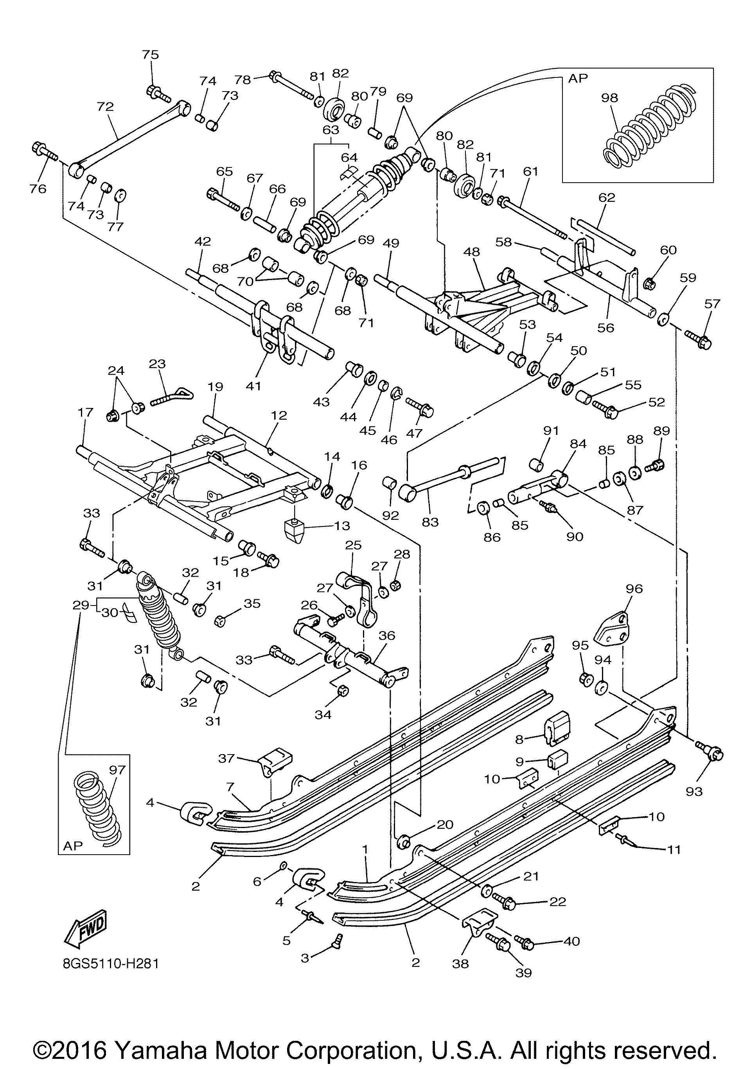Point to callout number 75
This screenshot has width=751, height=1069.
150,54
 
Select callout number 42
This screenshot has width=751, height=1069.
203,241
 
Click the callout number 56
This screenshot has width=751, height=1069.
606,328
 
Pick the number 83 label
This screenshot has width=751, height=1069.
430,522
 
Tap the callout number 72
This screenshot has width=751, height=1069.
105,107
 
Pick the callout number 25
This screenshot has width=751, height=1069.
353,545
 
